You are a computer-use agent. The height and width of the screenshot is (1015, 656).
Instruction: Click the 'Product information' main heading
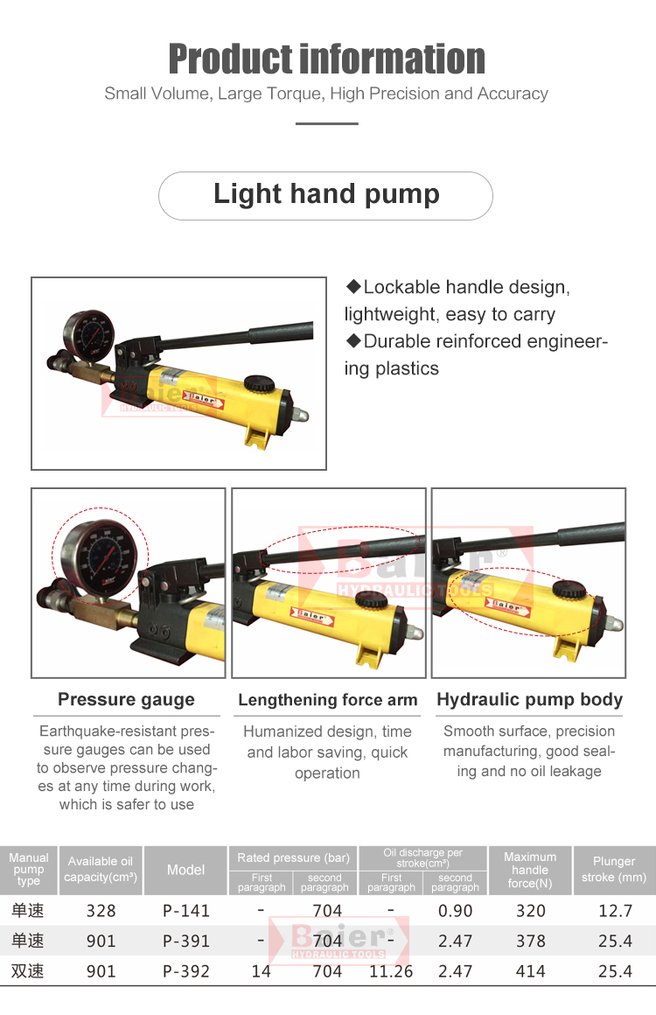(327, 59)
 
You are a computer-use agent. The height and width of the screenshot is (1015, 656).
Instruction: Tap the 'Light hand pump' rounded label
(325, 195)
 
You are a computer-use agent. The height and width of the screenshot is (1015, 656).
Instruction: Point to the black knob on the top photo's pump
(260, 381)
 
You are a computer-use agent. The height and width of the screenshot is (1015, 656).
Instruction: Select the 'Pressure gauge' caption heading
(126, 699)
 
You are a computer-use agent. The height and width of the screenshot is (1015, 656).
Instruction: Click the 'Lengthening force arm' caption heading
(327, 700)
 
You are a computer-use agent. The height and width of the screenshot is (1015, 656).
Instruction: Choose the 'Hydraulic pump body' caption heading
(529, 699)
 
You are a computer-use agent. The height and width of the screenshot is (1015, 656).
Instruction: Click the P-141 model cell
(186, 911)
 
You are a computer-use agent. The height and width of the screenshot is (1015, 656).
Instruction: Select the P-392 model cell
(186, 971)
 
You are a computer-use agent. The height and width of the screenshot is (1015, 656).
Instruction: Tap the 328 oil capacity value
(101, 911)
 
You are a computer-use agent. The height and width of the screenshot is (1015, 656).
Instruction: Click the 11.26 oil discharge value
(391, 971)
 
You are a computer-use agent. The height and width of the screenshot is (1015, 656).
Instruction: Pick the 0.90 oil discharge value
(456, 911)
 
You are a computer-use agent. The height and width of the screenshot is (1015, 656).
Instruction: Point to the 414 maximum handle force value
(531, 971)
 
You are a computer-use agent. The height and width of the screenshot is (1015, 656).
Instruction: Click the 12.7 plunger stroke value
(615, 911)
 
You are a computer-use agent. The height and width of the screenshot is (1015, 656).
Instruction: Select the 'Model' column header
(185, 870)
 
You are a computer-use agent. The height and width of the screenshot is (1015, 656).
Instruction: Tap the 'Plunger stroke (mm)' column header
(614, 870)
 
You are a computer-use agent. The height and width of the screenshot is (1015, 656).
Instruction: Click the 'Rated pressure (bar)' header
(293, 857)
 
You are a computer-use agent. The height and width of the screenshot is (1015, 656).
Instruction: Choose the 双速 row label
(28, 971)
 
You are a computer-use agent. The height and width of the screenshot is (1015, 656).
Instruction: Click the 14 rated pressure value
(261, 971)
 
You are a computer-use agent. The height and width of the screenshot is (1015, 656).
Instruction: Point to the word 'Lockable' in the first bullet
(401, 287)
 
